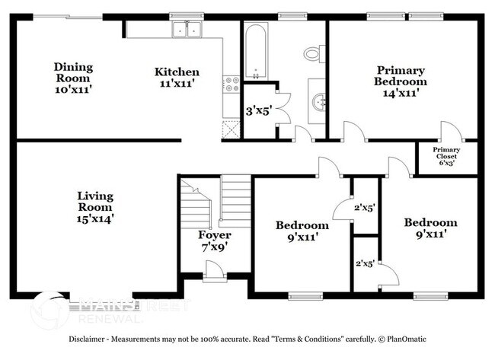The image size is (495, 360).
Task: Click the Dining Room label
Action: tap(72, 78)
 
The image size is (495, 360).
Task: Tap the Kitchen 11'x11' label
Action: tap(177, 78)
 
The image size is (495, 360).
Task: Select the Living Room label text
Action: tap(95, 207)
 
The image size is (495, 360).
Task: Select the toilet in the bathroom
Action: tap(312, 53)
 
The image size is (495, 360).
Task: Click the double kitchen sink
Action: tap(186, 30)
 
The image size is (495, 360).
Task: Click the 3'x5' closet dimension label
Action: tap(257, 111)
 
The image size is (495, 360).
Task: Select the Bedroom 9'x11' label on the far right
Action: tap(430, 228)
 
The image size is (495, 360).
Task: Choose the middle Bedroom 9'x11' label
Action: tap(302, 231)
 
